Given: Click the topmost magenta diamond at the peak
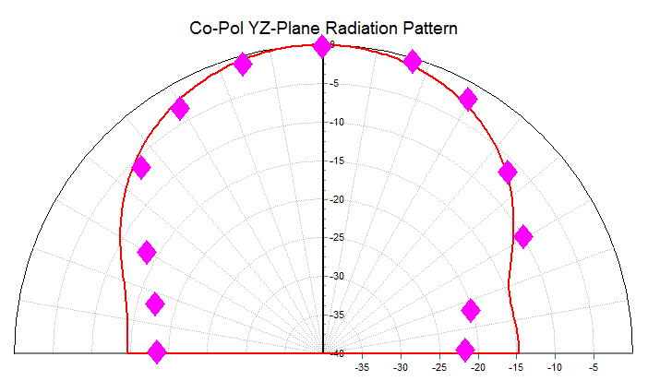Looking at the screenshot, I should pyautogui.click(x=321, y=46).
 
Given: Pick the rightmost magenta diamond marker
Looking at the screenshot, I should pyautogui.click(x=523, y=236).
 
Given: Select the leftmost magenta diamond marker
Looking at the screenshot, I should pyautogui.click(x=141, y=167).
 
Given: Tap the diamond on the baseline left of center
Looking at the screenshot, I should pyautogui.click(x=157, y=351).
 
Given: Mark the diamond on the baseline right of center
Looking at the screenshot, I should pyautogui.click(x=465, y=350).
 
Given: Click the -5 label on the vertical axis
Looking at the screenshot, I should pyautogui.click(x=335, y=84).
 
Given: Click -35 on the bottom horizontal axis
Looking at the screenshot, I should pyautogui.click(x=361, y=367).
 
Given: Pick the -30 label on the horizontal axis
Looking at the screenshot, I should pyautogui.click(x=400, y=367).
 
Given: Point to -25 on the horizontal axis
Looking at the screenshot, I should pyautogui.click(x=438, y=367).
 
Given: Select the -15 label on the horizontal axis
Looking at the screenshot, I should pyautogui.click(x=516, y=367).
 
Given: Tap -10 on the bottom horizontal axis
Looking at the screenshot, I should pyautogui.click(x=555, y=367).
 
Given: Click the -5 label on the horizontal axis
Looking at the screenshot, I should pyautogui.click(x=594, y=367).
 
